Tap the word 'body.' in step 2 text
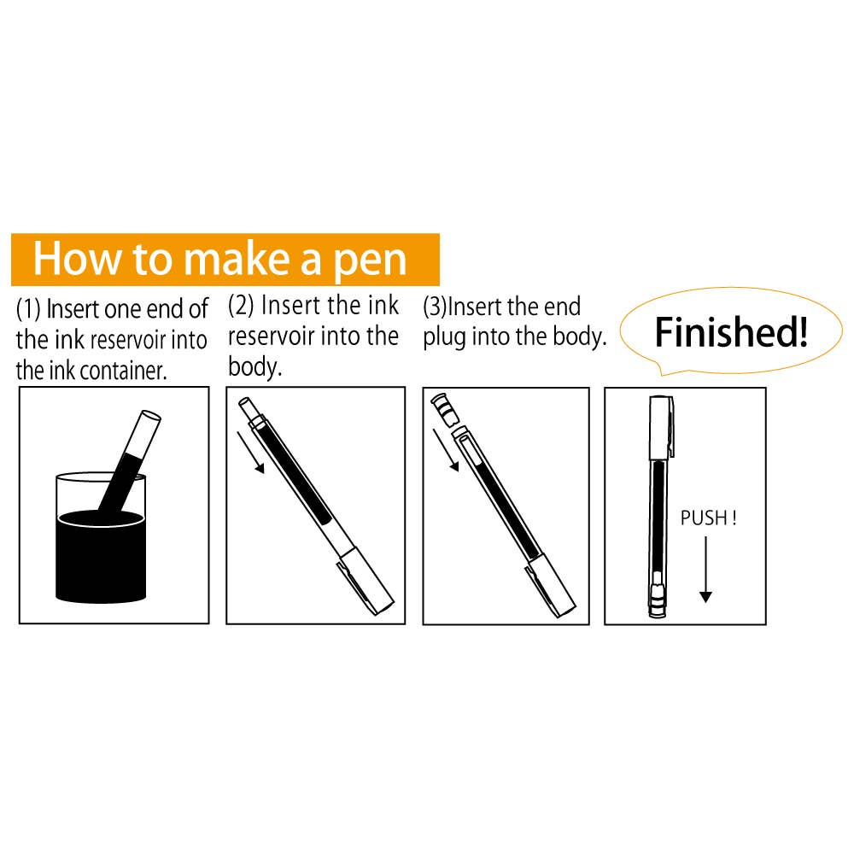coord(254,367)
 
